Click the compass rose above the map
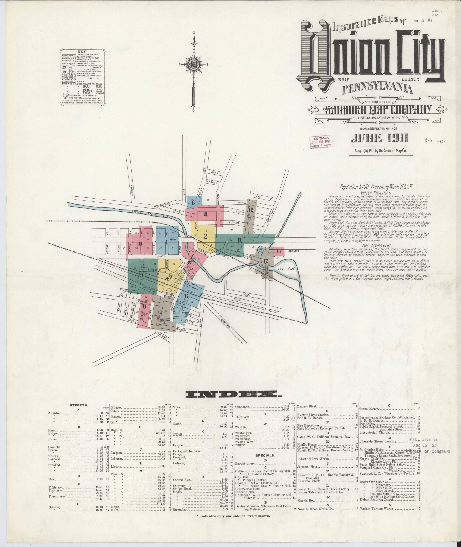(194, 64)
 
